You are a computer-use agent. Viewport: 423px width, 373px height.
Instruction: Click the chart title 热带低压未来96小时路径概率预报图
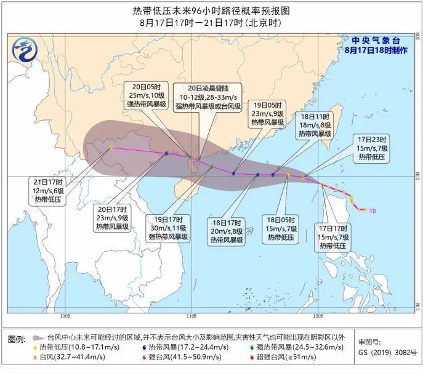point(211,10)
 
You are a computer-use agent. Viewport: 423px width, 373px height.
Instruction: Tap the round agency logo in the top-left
point(25,46)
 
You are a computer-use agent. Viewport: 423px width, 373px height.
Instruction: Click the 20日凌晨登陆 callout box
point(201,97)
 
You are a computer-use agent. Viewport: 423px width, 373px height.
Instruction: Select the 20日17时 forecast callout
point(111,218)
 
